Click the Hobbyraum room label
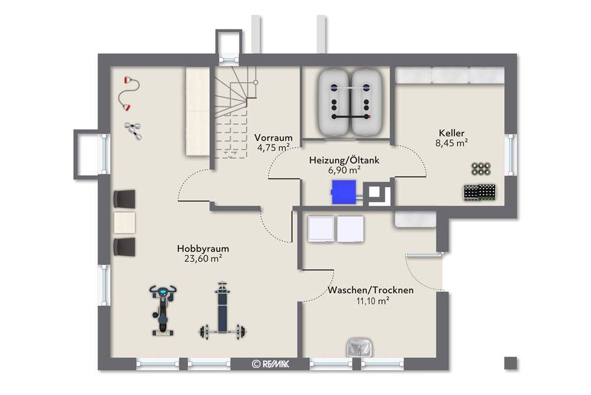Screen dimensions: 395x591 (203, 249)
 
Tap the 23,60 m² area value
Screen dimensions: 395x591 (203, 258)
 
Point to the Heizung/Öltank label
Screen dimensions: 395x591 (343, 160)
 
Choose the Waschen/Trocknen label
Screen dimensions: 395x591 (371, 290)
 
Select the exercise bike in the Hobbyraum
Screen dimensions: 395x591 (161, 310)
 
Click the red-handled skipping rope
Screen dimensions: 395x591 (127, 94)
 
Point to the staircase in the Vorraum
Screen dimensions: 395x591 (234, 113)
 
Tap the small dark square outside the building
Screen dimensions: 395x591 (510, 363)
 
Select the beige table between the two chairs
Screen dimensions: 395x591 (125, 223)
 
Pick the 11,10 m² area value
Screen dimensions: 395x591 (371, 301)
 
